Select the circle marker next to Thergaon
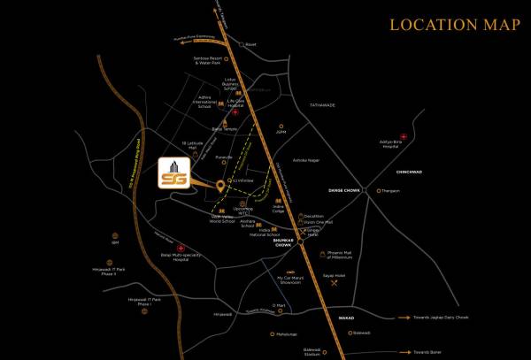(378, 190)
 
